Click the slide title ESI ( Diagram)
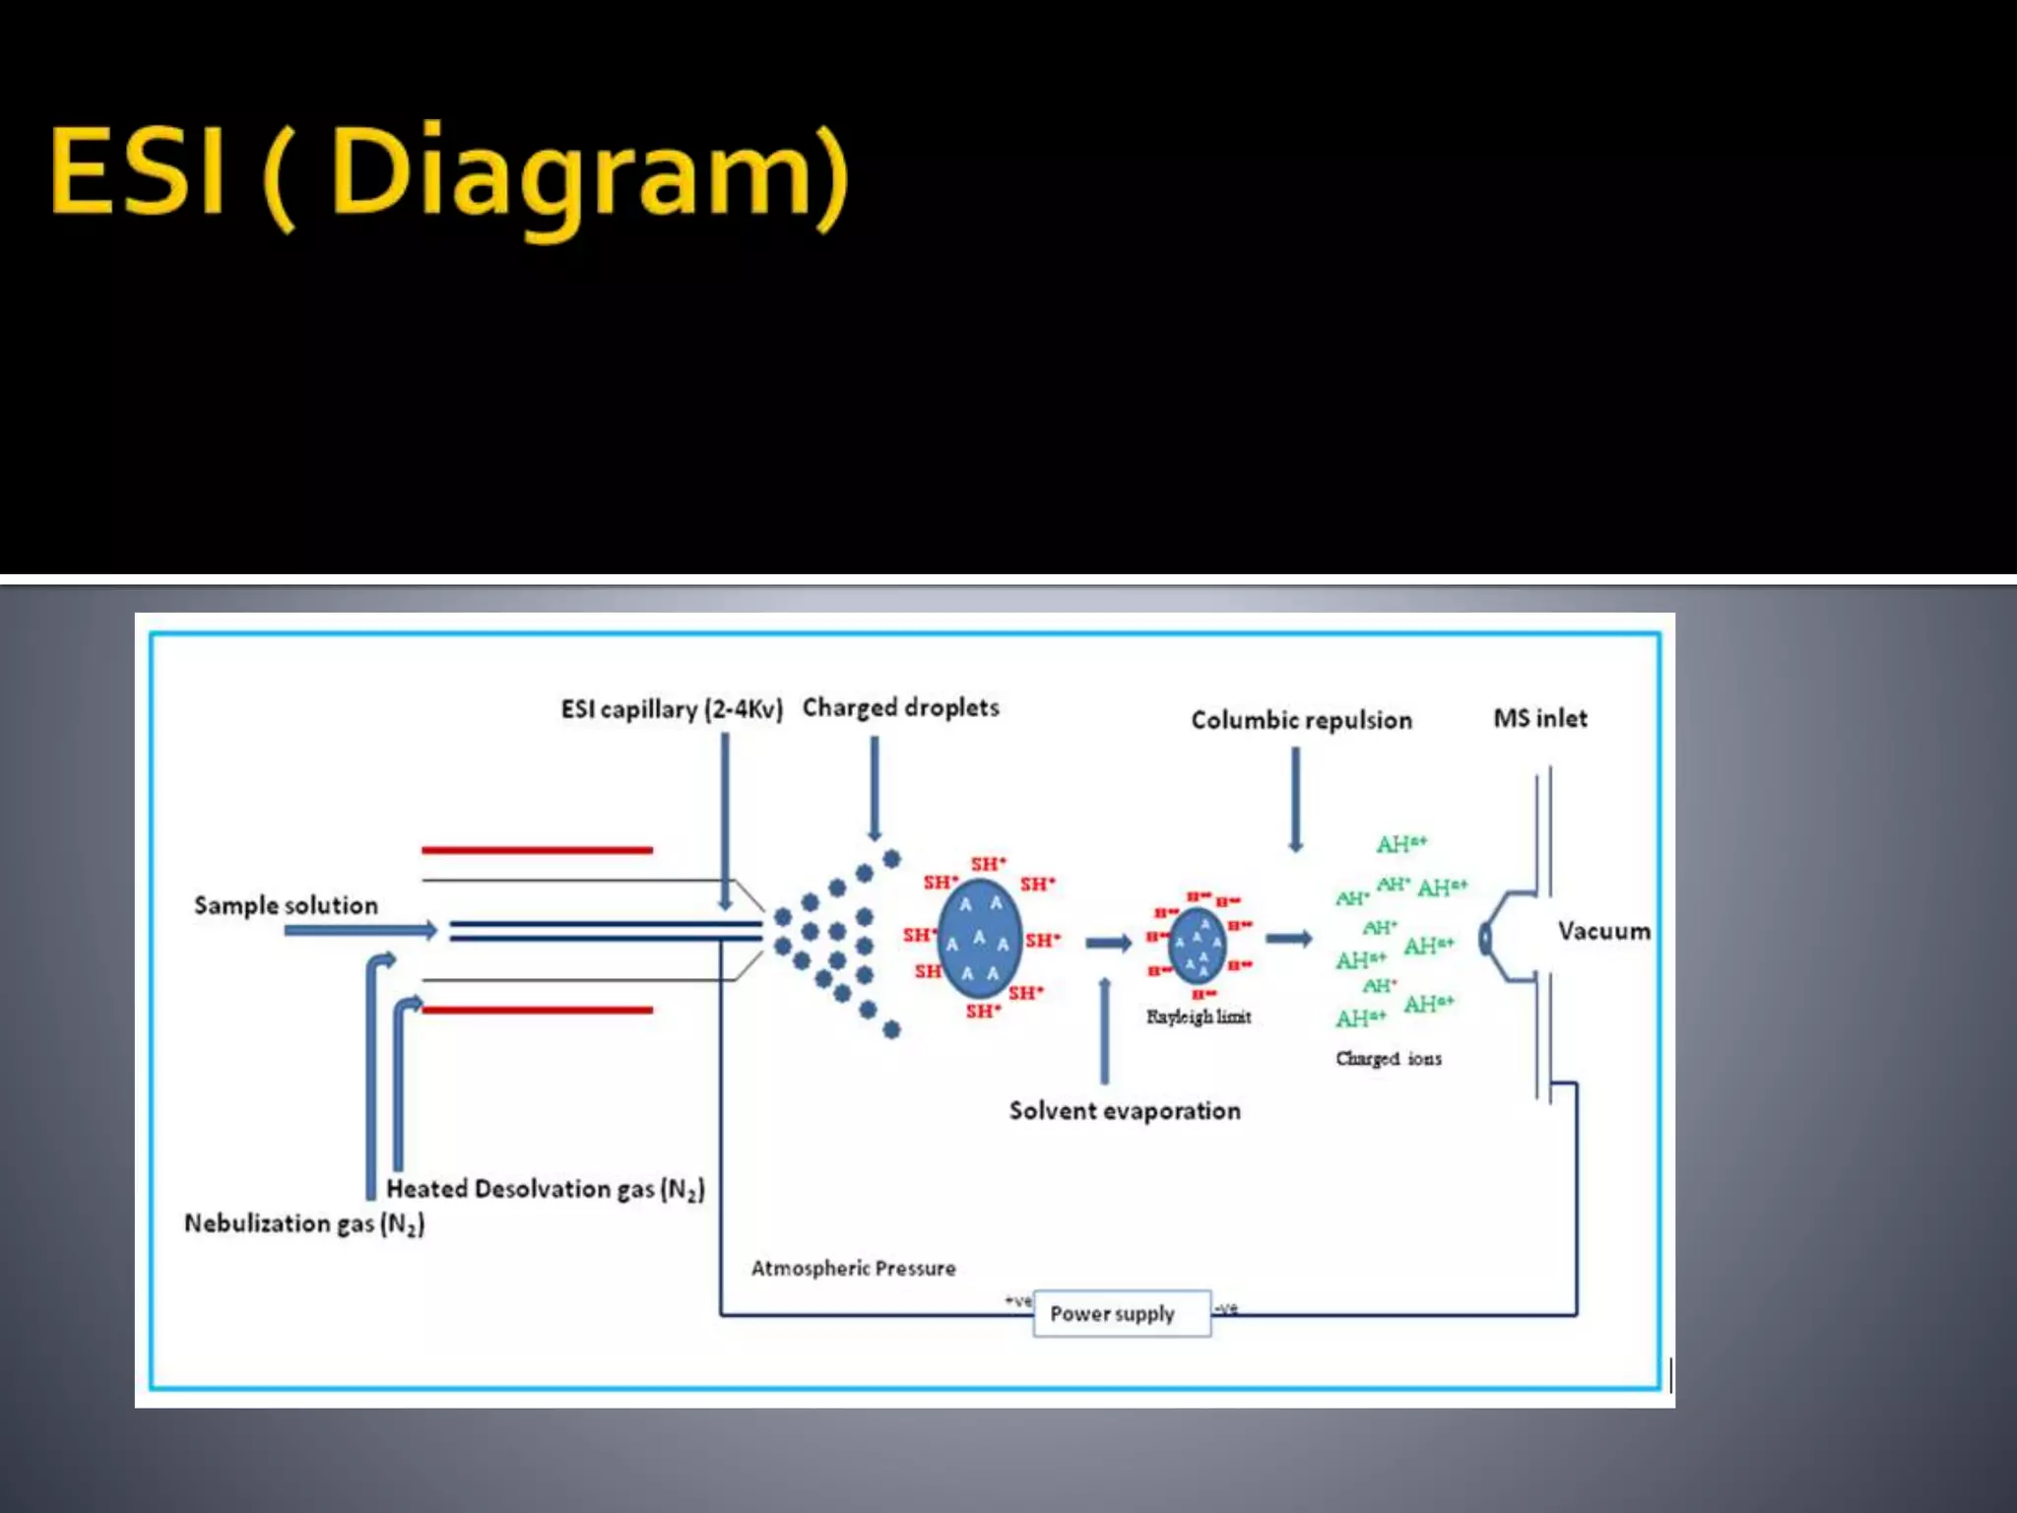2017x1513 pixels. click(x=448, y=171)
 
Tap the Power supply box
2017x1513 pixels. click(x=1121, y=1313)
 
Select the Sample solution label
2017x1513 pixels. click(x=286, y=905)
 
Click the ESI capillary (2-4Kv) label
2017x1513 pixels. click(x=672, y=709)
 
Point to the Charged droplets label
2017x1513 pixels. click(x=900, y=707)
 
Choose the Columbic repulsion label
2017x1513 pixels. click(x=1301, y=720)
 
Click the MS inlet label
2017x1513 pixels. click(x=1540, y=718)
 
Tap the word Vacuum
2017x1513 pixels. click(x=1603, y=931)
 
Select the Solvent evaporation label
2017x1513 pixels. click(x=1125, y=1111)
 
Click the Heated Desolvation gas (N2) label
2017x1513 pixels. click(x=545, y=1189)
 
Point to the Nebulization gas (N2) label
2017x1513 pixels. click(x=304, y=1223)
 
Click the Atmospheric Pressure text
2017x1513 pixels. click(x=853, y=1268)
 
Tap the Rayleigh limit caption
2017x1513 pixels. click(x=1199, y=1017)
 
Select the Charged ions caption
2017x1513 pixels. click(x=1388, y=1059)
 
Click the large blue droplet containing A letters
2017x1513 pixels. click(x=979, y=939)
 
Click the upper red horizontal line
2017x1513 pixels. click(x=537, y=849)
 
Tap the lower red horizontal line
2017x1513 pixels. click(x=537, y=1010)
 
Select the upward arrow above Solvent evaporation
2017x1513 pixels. click(x=1104, y=1029)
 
